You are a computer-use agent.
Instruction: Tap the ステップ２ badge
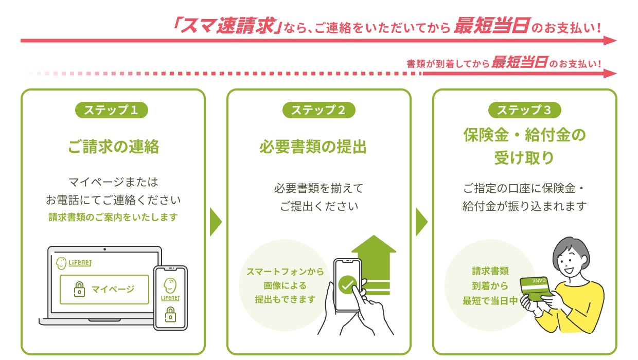pos(318,110)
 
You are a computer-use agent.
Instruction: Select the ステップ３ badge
pos(524,110)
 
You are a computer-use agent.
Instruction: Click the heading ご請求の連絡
pos(113,147)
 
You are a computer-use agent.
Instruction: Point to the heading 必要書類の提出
pos(313,147)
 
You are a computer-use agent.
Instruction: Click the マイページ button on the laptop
pos(104,289)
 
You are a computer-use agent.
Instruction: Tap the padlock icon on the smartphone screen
pos(170,314)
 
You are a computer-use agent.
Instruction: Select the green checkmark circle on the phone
pos(347,284)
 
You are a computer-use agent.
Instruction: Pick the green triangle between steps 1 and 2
pos(216,222)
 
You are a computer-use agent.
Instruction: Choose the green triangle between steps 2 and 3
pos(421,222)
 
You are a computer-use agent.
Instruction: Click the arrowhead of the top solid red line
pos(611,41)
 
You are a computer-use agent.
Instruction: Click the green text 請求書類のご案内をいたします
pos(113,218)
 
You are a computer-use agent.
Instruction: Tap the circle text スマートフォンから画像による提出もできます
pos(285,285)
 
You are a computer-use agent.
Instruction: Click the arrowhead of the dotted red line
pos(611,74)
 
